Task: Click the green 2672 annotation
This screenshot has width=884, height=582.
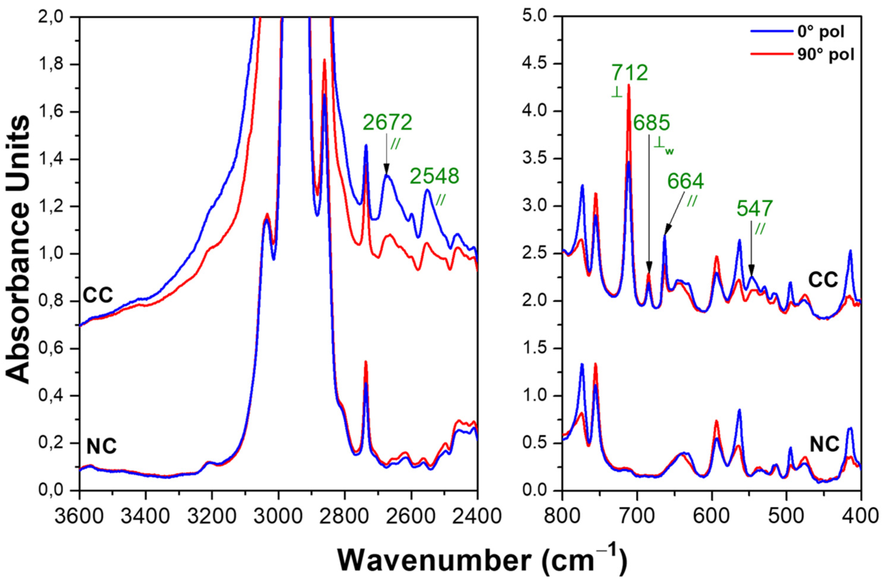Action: click(388, 123)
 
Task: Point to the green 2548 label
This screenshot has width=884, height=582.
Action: click(434, 177)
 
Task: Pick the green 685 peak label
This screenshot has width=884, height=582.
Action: click(651, 123)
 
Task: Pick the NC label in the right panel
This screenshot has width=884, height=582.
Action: click(824, 445)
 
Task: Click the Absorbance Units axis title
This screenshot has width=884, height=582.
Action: click(19, 249)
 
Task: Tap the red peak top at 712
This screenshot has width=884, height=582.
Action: click(629, 85)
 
